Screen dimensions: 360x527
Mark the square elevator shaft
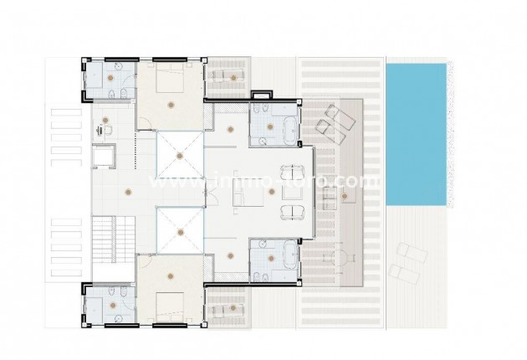pos(105,157)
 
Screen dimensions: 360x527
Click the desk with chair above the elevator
pos(104,128)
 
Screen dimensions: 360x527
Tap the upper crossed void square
pos(180,154)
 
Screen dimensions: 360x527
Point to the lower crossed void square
pos(180,229)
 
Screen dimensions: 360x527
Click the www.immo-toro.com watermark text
pos(263,180)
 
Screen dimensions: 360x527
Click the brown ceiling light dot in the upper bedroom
pos(171,104)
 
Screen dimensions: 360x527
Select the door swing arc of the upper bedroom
pos(143,125)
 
